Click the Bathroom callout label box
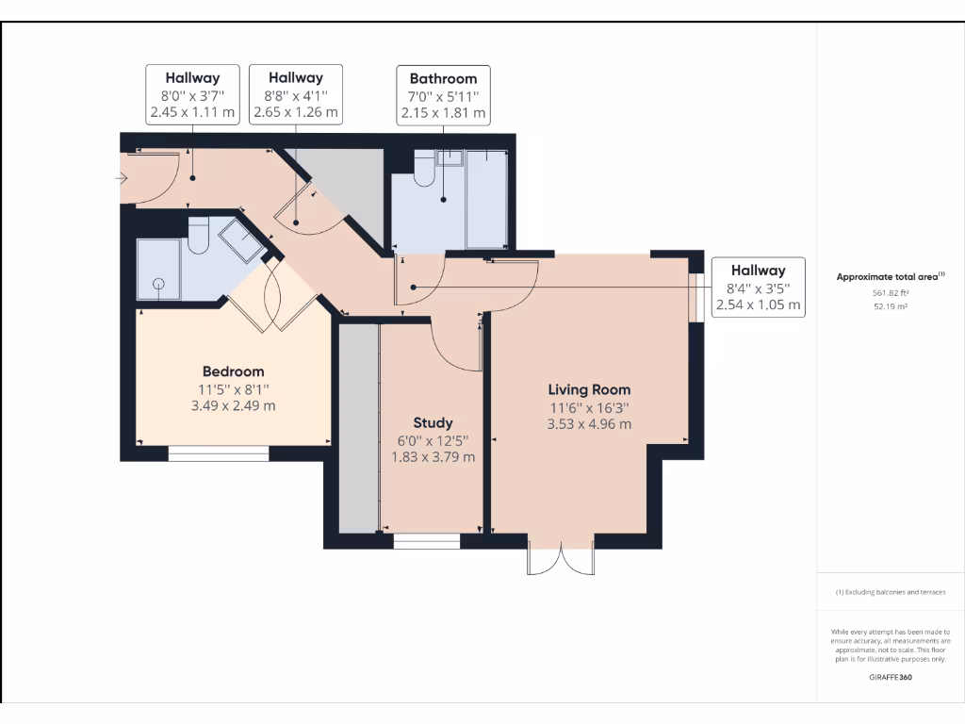pyautogui.click(x=443, y=95)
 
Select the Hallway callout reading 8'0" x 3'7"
pyautogui.click(x=192, y=95)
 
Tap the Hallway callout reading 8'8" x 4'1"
pyautogui.click(x=295, y=95)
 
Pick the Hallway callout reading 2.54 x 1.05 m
pyautogui.click(x=758, y=288)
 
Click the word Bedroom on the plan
pyautogui.click(x=234, y=371)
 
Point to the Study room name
pyautogui.click(x=433, y=422)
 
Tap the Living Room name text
pyautogui.click(x=589, y=389)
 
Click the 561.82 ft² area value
pyautogui.click(x=890, y=293)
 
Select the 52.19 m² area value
pyautogui.click(x=890, y=306)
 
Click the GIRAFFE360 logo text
pyautogui.click(x=890, y=677)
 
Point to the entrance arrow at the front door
pyautogui.click(x=122, y=177)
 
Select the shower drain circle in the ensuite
pyautogui.click(x=158, y=283)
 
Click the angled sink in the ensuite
pyautogui.click(x=242, y=241)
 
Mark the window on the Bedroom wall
pyautogui.click(x=219, y=453)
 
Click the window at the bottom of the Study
pyautogui.click(x=426, y=541)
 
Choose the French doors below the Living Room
pyautogui.click(x=562, y=557)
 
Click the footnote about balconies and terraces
pyautogui.click(x=890, y=592)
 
